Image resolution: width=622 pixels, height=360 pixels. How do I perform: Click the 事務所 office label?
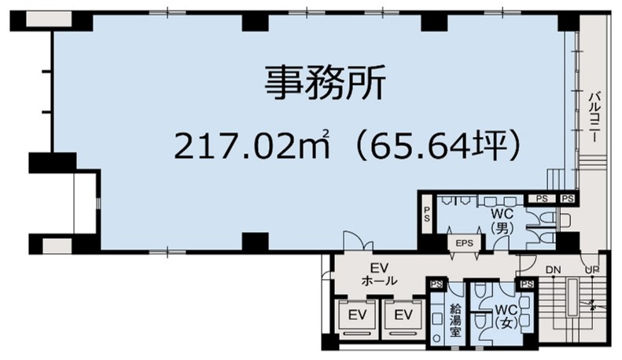tap(325, 83)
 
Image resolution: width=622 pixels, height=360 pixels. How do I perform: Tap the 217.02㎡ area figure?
tap(252, 145)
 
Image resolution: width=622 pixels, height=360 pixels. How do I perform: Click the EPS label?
tap(464, 243)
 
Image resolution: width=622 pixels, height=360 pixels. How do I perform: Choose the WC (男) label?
tap(502, 220)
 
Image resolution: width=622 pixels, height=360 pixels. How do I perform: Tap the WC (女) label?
tap(506, 317)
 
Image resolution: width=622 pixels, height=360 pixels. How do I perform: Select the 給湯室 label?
tap(455, 320)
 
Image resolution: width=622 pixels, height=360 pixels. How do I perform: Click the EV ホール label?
tap(380, 274)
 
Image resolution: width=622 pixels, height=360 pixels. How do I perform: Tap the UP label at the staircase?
tap(592, 270)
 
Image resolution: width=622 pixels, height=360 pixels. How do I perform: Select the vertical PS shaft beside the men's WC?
tap(427, 214)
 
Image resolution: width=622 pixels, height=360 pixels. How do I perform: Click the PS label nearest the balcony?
tap(568, 198)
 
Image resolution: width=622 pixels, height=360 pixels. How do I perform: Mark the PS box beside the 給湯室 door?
tap(436, 284)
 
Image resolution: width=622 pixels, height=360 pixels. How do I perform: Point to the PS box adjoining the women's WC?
tap(527, 284)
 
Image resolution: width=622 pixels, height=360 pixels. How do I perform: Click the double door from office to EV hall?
tap(358, 241)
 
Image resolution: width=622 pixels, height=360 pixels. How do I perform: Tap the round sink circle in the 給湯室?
tap(436, 338)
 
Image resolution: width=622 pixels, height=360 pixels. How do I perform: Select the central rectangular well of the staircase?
tap(572, 298)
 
